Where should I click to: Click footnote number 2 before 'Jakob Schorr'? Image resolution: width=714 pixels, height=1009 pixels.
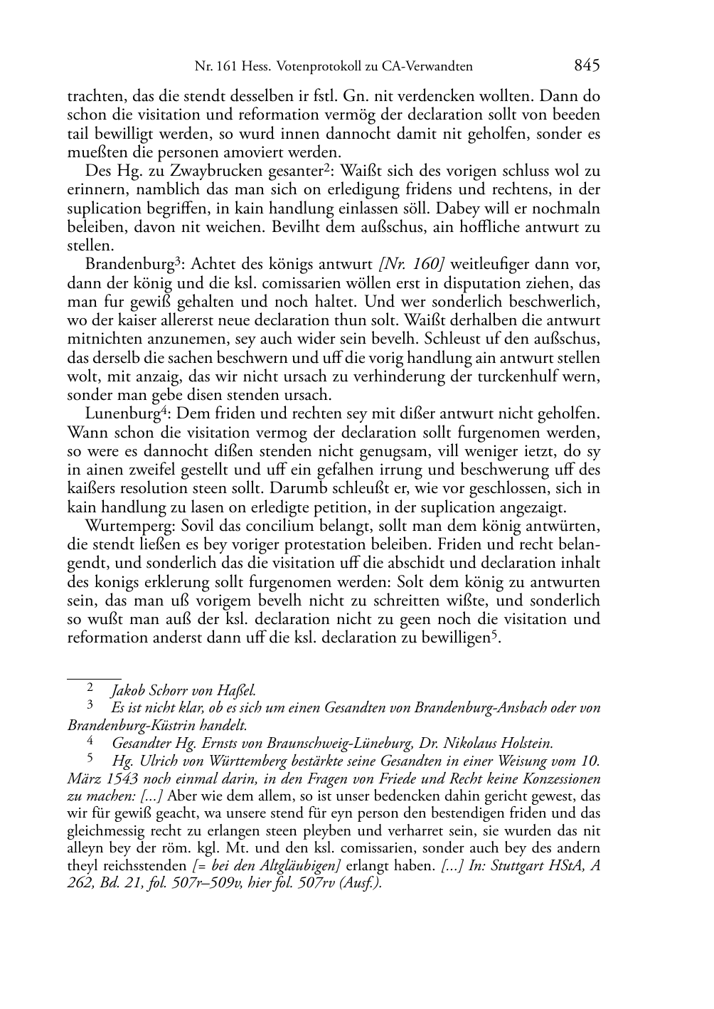click(90, 688)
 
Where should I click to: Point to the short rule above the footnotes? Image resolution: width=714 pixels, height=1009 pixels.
click(94, 670)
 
